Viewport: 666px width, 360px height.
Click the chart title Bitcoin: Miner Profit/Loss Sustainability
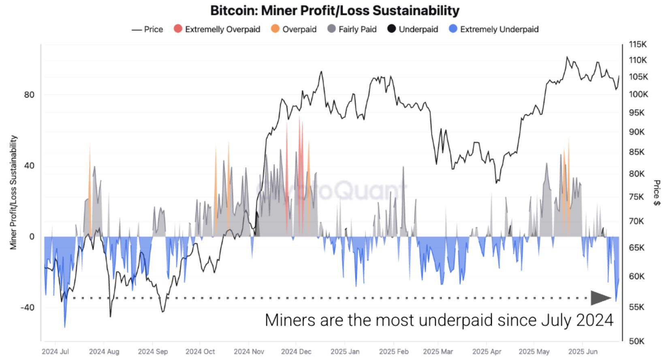[x=335, y=10]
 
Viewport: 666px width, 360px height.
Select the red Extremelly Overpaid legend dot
[x=178, y=29]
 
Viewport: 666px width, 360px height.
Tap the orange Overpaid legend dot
[x=275, y=29]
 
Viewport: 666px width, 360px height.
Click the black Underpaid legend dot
[x=391, y=29]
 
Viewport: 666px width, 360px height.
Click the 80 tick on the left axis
[x=29, y=95]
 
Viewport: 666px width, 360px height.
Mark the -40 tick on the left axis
[x=27, y=307]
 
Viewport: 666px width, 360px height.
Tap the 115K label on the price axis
[x=638, y=44]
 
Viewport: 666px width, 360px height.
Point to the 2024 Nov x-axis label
[x=248, y=351]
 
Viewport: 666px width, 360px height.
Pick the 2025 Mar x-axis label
[x=438, y=351]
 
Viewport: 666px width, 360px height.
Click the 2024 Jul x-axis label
[x=55, y=351]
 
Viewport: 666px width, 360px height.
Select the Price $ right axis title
[x=657, y=193]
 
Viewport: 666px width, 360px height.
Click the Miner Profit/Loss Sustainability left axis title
[x=14, y=192]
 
